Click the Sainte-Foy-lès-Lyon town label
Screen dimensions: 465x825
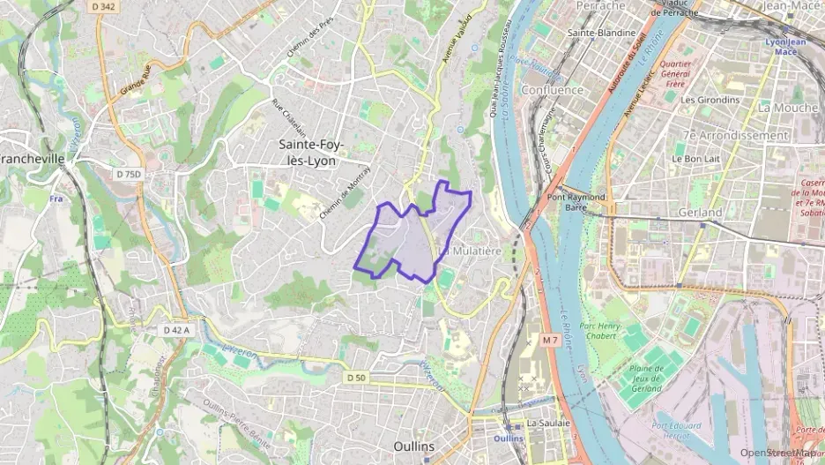312,152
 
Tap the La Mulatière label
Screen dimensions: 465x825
470,251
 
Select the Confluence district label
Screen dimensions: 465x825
552,90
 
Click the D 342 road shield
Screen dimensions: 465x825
103,6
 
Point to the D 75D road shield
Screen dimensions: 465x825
128,175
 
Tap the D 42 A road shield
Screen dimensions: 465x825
177,329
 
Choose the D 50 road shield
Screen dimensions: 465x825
355,378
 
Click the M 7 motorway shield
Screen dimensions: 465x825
551,340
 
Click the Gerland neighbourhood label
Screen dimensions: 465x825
700,213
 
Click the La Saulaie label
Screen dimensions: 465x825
548,423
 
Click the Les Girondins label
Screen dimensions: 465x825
710,100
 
